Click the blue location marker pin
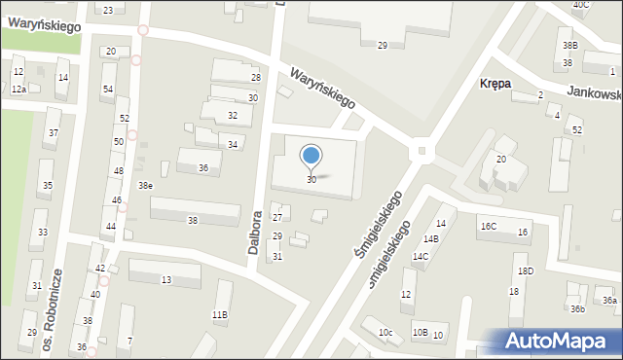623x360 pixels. pyautogui.click(x=311, y=157)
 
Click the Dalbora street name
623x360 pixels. pyautogui.click(x=256, y=234)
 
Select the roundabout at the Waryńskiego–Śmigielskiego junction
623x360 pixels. pyautogui.click(x=421, y=150)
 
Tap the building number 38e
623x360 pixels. pyautogui.click(x=144, y=185)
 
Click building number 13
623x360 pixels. pyautogui.click(x=166, y=280)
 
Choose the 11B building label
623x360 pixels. pyautogui.click(x=220, y=314)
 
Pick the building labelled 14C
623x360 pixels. pyautogui.click(x=420, y=257)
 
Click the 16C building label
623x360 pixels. pyautogui.click(x=487, y=227)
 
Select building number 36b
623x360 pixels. pyautogui.click(x=577, y=309)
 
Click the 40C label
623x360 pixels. pyautogui.click(x=581, y=5)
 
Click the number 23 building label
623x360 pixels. pyautogui.click(x=107, y=10)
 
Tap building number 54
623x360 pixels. pyautogui.click(x=107, y=90)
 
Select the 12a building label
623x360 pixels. pyautogui.click(x=18, y=89)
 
